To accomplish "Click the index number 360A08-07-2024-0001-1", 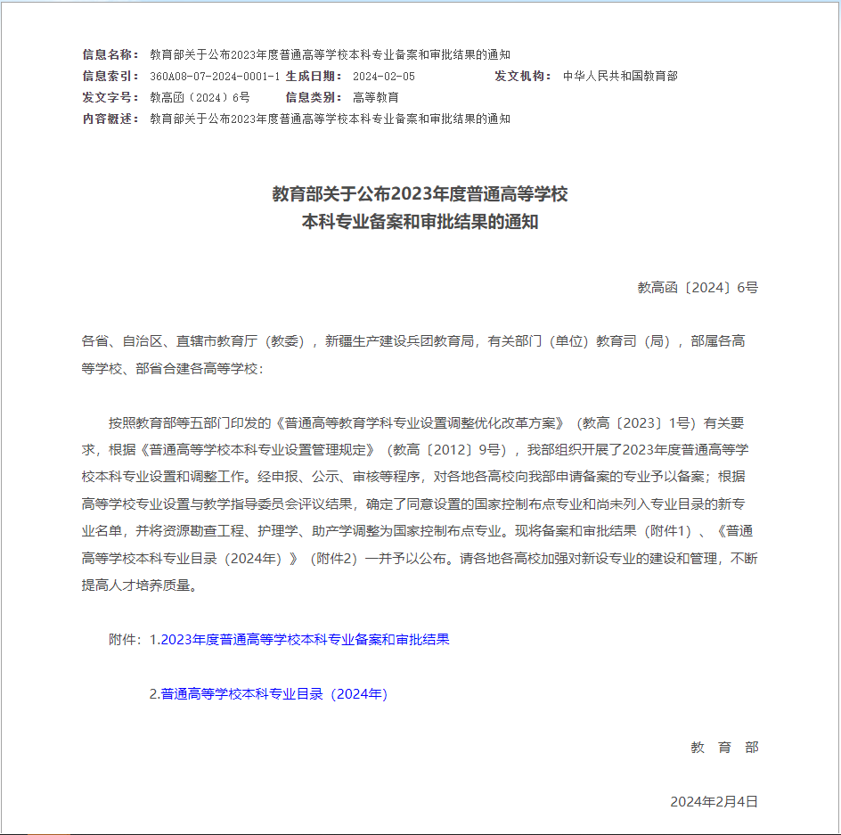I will (x=215, y=76).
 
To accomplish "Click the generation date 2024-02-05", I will (x=384, y=76).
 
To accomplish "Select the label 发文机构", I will (x=524, y=76).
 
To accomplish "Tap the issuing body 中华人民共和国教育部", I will (x=620, y=76).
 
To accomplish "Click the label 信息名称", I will (x=110, y=54).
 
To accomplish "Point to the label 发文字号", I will (x=110, y=97).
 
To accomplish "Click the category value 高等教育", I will (x=376, y=97).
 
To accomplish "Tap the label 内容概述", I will (x=110, y=119).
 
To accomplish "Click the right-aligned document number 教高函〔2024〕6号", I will (x=698, y=287).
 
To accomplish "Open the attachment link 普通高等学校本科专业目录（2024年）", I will (x=274, y=694).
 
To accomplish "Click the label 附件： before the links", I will (x=126, y=640).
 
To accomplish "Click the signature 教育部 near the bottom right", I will (x=724, y=748).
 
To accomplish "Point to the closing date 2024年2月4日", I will (x=714, y=802).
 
